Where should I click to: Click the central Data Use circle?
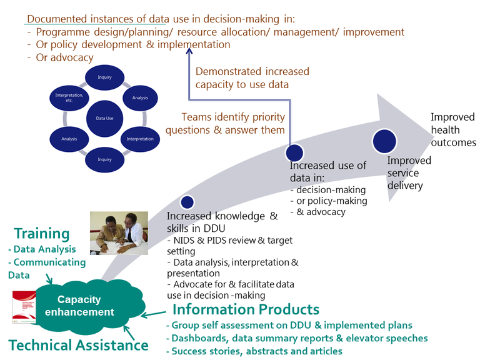coord(104,117)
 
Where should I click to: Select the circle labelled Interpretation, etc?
coord(65,97)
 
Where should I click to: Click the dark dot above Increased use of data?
coord(294,152)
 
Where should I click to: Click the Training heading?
coord(41,234)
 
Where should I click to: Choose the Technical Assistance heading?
coord(78,345)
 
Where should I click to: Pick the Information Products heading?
coord(246,309)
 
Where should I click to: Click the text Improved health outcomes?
coord(452,130)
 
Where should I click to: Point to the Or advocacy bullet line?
coord(61,57)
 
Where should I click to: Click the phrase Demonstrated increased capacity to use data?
coord(252,78)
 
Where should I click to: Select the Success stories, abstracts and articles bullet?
coord(254,351)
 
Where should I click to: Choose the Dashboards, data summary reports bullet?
coord(297,338)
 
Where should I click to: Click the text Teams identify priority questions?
coord(233,123)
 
